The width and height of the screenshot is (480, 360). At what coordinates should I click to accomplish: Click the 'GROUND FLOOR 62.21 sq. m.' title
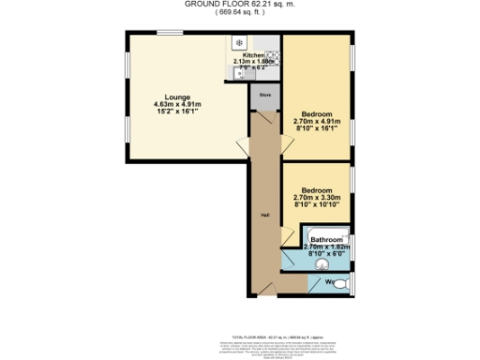(239, 5)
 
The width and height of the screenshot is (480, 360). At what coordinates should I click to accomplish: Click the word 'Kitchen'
(242, 55)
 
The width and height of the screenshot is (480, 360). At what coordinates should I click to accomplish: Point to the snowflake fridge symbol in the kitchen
(239, 43)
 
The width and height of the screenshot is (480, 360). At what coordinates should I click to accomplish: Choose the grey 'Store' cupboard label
(264, 94)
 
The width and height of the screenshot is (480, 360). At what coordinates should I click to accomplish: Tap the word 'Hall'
(265, 217)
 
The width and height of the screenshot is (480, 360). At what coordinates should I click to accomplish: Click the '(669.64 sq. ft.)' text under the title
(239, 14)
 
